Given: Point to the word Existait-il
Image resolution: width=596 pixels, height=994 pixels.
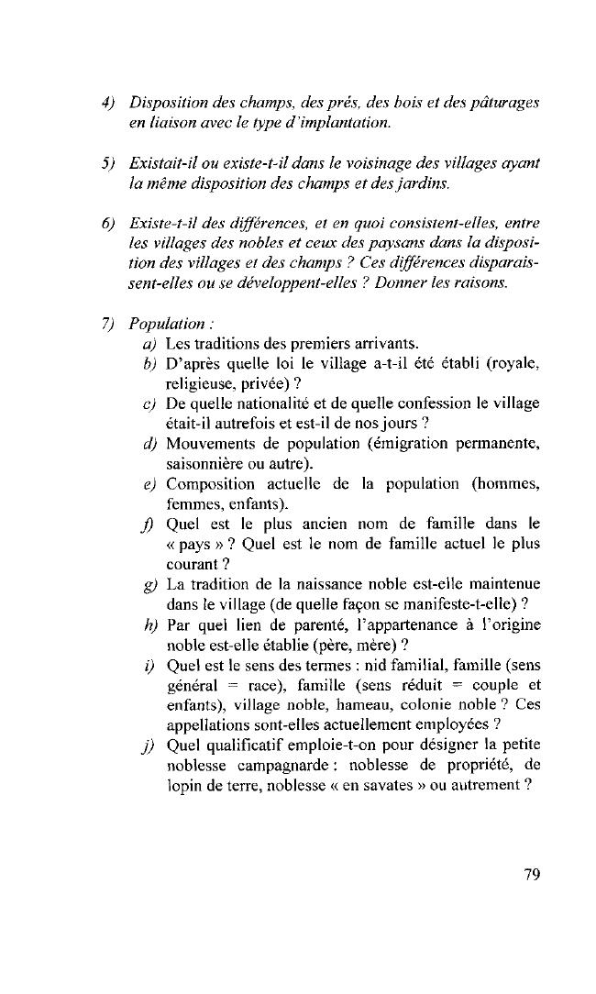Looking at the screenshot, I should pos(165,162).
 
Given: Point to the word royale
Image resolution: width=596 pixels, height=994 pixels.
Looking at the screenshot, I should pos(513,365).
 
